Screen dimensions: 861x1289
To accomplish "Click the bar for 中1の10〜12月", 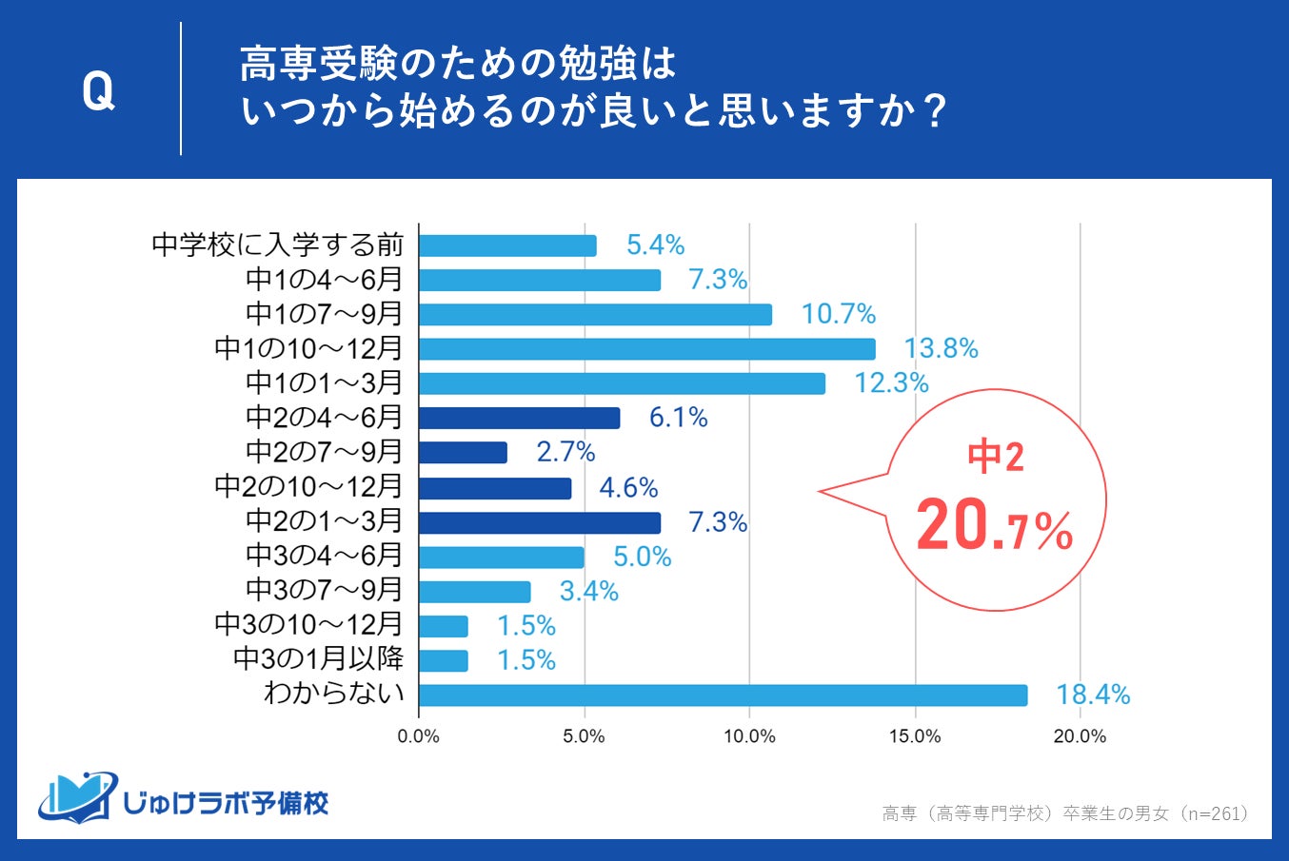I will [x=646, y=349].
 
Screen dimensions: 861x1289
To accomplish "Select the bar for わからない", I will [x=723, y=695].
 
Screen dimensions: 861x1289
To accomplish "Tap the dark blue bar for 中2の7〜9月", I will [x=463, y=452].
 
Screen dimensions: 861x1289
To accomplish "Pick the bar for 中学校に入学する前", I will [x=507, y=245].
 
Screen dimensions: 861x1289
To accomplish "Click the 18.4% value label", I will [x=1093, y=695].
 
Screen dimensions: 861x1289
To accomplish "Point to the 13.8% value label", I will [x=942, y=349].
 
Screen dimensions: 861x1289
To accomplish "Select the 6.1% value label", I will [x=679, y=418].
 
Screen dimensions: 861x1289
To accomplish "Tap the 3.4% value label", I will [x=589, y=592].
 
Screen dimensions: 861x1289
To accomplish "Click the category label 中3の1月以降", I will [x=319, y=659].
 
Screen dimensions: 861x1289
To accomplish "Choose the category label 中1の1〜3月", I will [x=325, y=383].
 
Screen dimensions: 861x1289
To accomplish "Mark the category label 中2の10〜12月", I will [x=309, y=487].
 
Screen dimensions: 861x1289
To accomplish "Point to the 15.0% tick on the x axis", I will [x=915, y=736].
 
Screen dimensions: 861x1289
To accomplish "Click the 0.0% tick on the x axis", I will [x=419, y=736].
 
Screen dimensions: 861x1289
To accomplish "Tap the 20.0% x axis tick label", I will [x=1080, y=736].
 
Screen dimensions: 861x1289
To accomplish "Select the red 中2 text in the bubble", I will [x=996, y=458].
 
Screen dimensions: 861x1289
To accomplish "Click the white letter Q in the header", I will [x=98, y=91].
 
